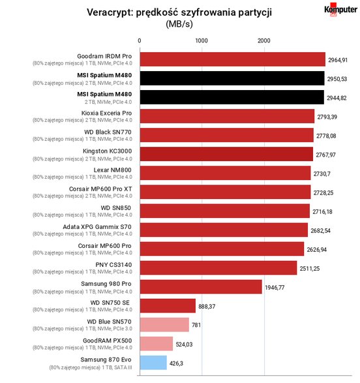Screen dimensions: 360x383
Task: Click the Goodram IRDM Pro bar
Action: (233, 59)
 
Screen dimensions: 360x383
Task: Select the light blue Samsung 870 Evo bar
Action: (153, 363)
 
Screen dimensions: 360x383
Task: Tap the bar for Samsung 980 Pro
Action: (201, 287)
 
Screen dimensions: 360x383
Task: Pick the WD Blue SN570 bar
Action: (164, 325)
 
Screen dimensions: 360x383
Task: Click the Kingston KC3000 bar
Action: (226, 154)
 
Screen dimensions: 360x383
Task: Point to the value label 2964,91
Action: (338, 60)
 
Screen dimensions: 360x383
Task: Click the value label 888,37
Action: (207, 306)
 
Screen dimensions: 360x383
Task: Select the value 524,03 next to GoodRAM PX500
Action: (184, 345)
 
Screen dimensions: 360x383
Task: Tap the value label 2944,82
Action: (337, 98)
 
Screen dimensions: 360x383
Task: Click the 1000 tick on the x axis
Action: (202, 40)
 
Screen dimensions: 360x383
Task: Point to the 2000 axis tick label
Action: (264, 40)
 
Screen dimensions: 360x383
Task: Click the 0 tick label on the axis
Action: (140, 40)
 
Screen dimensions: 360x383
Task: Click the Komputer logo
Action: (340, 10)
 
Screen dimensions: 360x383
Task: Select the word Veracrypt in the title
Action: (110, 12)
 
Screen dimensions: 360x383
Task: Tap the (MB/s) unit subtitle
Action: (179, 24)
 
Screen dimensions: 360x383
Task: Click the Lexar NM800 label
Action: (113, 170)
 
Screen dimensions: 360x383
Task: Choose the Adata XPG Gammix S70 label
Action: (97, 227)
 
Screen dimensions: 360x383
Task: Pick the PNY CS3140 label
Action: (113, 265)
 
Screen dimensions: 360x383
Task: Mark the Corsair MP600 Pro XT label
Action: (100, 189)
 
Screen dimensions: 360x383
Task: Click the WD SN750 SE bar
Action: (168, 306)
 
